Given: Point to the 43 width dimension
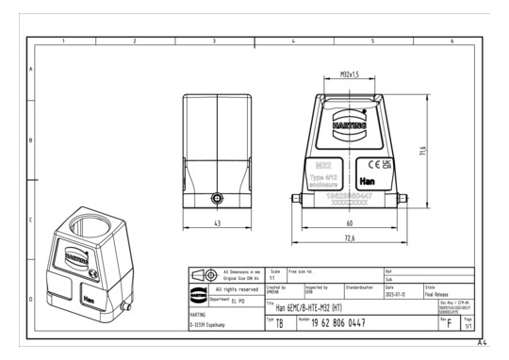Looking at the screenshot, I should click(217, 223).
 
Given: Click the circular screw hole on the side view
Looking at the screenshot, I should click(218, 200).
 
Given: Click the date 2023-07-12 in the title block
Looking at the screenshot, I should click(397, 294).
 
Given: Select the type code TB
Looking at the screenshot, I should click(279, 323).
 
